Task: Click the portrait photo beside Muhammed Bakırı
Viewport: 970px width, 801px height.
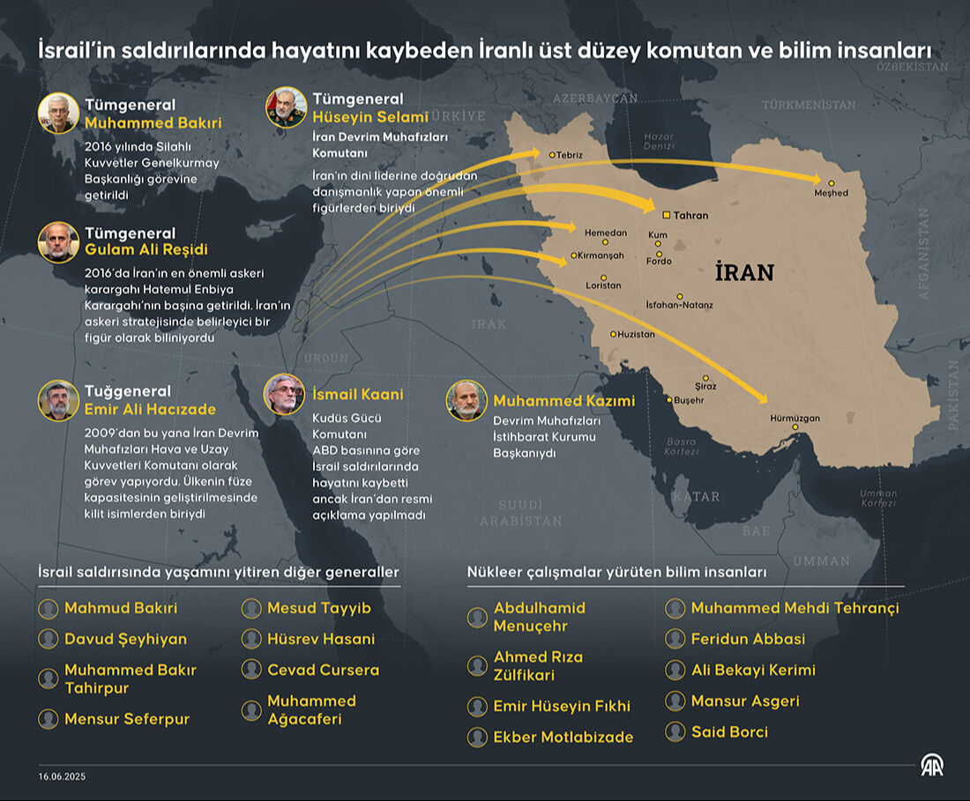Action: (58, 113)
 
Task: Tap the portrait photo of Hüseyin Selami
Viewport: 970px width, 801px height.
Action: (287, 108)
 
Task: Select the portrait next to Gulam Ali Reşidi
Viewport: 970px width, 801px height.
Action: (58, 241)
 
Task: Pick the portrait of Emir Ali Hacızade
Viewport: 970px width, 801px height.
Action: (58, 400)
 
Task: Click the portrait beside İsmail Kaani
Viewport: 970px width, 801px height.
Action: (284, 394)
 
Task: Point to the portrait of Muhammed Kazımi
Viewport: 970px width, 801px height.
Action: (466, 401)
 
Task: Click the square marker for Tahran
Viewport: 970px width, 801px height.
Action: (667, 214)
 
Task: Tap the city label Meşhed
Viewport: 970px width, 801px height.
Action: (832, 193)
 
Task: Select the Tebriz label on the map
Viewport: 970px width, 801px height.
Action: (570, 155)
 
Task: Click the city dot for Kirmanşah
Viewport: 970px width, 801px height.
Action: (574, 256)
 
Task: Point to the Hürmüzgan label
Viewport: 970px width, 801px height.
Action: (795, 418)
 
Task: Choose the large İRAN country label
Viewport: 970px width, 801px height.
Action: (744, 272)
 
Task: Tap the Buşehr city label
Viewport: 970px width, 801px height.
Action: (689, 400)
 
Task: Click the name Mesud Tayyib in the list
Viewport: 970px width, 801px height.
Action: (319, 608)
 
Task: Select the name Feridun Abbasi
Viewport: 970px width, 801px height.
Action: (748, 639)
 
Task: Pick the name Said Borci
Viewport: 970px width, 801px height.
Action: (729, 731)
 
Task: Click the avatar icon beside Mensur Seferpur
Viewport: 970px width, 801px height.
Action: (48, 719)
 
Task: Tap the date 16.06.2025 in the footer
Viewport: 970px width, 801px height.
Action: (62, 776)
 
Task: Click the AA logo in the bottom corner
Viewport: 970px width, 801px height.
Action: (932, 765)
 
